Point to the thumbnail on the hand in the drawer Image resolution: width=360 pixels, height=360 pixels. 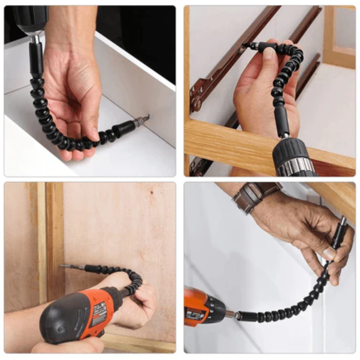[x=93, y=134]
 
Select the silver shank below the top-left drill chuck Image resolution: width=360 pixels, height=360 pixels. [x=35, y=39]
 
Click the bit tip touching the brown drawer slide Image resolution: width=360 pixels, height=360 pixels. [x=247, y=45]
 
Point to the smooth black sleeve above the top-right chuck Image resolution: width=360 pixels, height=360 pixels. [x=283, y=122]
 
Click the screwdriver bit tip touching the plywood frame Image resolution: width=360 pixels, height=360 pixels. [x=65, y=266]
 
